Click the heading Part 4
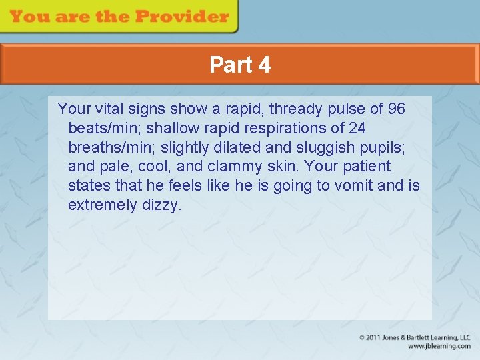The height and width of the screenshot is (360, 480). [x=240, y=65]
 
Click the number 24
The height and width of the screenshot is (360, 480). [x=356, y=128]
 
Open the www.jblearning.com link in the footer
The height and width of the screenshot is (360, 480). [x=439, y=346]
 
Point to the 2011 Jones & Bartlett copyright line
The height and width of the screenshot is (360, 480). [x=415, y=338]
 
